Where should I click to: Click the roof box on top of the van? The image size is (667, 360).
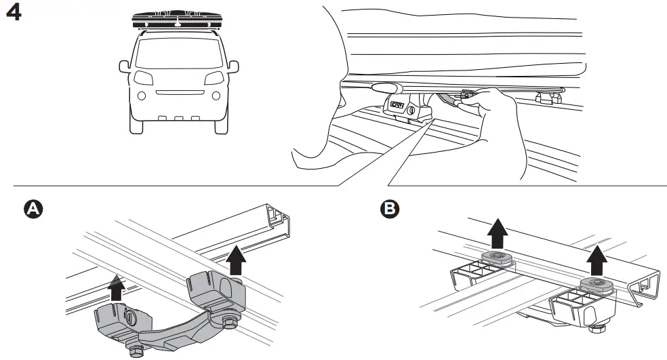pyautogui.click(x=178, y=20)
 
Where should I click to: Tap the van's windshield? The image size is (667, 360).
pyautogui.click(x=178, y=54)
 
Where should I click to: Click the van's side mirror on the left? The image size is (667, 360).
pyautogui.click(x=123, y=66)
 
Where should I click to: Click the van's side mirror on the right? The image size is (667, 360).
pyautogui.click(x=234, y=66)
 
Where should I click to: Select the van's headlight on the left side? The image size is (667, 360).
pyautogui.click(x=144, y=76)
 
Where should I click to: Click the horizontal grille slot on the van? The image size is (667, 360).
pyautogui.click(x=178, y=92)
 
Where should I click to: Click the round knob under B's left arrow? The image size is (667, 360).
pyautogui.click(x=499, y=256)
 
